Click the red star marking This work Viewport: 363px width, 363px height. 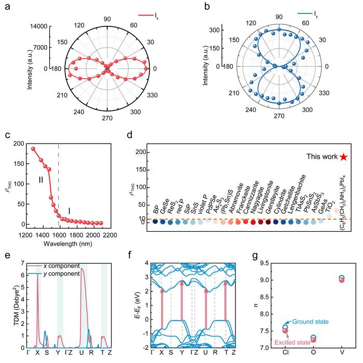(x=343, y=157)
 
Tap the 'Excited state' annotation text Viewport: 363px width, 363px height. (x=297, y=343)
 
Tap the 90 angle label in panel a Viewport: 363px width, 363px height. (x=107, y=19)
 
